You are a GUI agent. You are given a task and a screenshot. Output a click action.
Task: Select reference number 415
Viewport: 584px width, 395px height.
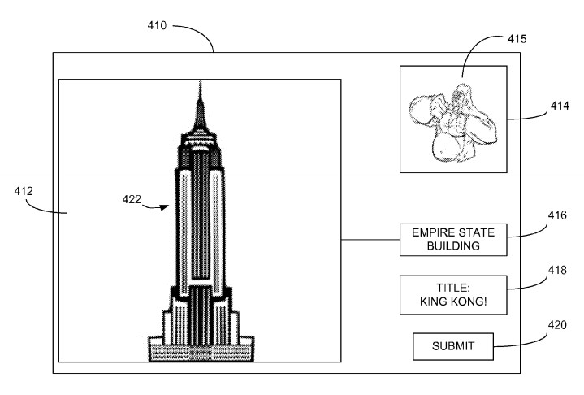tap(517, 38)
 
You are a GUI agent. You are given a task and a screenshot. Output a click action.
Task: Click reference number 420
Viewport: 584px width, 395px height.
tap(556, 325)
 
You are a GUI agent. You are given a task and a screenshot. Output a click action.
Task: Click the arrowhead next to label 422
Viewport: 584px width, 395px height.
tap(166, 207)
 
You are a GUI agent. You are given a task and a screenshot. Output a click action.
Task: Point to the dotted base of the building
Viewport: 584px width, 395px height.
tap(200, 352)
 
